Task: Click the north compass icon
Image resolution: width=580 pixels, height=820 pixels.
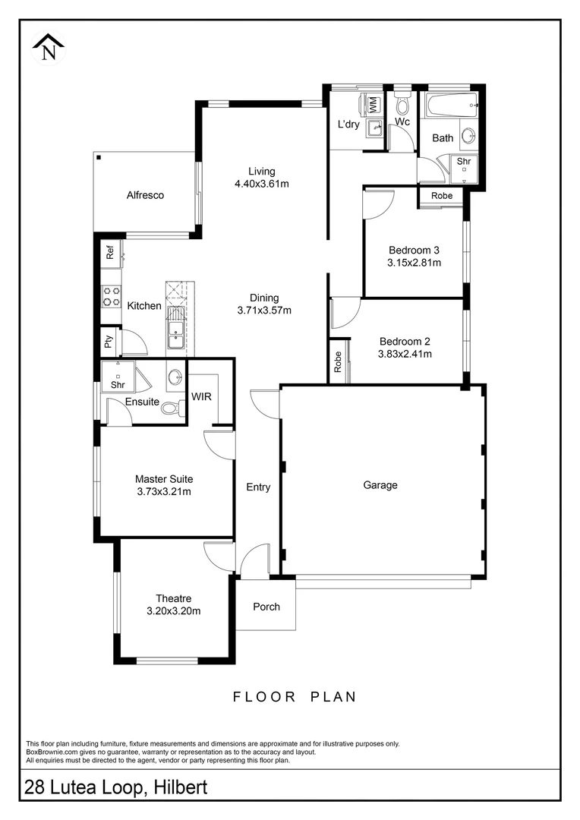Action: pos(49,47)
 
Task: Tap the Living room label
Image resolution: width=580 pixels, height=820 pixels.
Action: pos(262,171)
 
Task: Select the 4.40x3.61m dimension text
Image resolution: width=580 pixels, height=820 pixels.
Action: pos(262,184)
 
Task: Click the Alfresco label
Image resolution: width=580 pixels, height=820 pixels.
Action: pos(145,195)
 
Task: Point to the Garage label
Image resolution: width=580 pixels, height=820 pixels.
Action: pos(380,484)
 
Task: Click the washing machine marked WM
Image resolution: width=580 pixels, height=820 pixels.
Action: pos(374,103)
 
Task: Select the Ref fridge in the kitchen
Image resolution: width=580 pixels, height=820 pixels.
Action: pos(110,252)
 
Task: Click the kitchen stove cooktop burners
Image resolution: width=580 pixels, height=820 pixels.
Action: pos(112,296)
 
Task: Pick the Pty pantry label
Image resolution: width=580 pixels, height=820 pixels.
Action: pos(109,343)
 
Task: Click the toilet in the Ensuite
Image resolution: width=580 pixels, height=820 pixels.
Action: pos(172,408)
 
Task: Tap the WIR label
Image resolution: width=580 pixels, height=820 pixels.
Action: pos(202,396)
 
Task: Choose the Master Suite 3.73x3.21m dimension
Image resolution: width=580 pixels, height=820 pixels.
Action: pos(164,491)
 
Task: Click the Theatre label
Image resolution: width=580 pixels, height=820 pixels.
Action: pos(174,598)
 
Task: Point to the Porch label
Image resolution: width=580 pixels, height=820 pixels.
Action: pos(266,606)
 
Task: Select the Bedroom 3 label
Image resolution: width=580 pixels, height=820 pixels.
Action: pos(414,250)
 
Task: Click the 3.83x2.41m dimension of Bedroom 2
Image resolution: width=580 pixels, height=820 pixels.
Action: pos(405,354)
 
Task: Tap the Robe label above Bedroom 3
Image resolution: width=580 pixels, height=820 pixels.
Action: pos(442,196)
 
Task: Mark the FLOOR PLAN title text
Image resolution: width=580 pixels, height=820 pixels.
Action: pos(295,696)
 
